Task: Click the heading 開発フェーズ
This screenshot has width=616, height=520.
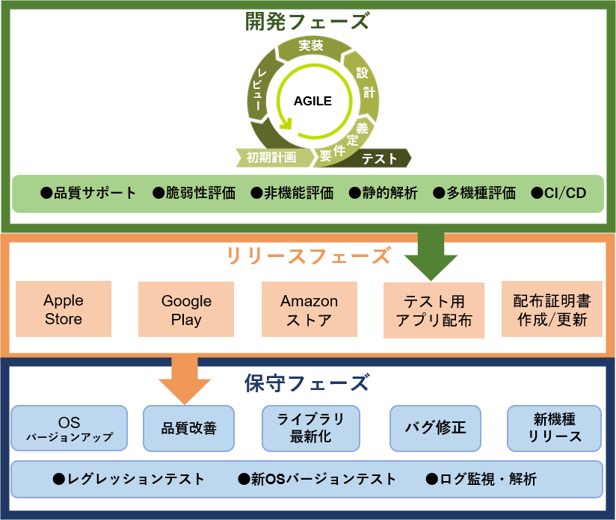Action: pos(307,21)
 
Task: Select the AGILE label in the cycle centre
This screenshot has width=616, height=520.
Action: pos(312,101)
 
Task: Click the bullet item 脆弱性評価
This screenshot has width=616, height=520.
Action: pos(194,194)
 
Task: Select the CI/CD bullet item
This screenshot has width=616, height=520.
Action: pos(558,194)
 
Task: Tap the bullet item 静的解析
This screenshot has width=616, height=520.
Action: pos(384,194)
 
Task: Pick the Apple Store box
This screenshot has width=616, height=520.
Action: pos(64,309)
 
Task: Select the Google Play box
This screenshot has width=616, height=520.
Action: pos(186,309)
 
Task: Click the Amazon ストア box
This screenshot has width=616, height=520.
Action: pos(309,309)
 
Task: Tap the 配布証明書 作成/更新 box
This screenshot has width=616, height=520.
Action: pos(552,309)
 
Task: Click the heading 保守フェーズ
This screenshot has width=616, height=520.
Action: pos(307,383)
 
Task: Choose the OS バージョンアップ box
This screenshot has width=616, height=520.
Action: pos(69,428)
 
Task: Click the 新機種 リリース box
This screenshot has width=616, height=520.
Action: pos(554,428)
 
